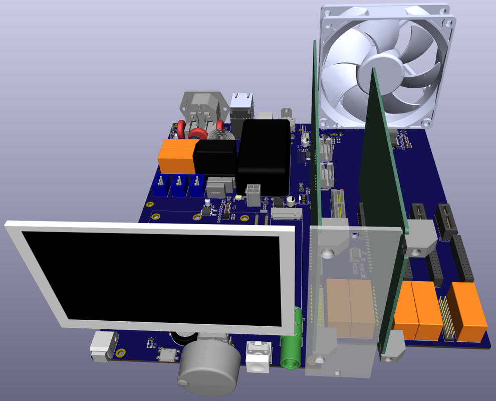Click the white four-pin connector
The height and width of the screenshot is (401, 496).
pos(253,194)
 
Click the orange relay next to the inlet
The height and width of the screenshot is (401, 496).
pos(176,155)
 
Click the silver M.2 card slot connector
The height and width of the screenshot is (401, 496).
pos(287,216)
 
